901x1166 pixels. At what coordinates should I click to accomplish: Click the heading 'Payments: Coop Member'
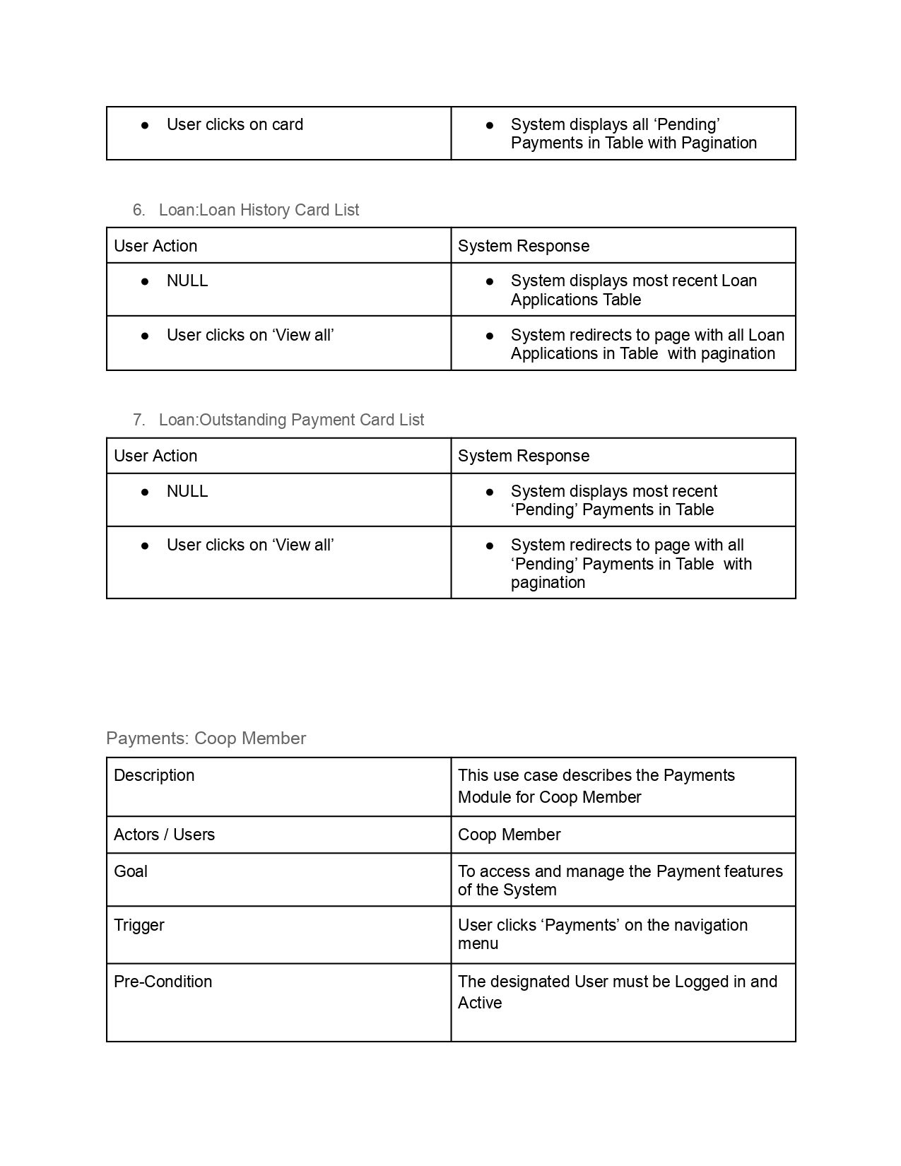[206, 738]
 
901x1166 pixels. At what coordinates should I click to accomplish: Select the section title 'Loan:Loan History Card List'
[259, 210]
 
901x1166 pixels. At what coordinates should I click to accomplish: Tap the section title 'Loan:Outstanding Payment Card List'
[291, 420]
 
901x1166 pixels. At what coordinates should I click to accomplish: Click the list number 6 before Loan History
[139, 210]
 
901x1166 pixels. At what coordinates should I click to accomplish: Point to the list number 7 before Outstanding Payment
[139, 420]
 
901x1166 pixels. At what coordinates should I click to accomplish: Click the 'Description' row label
[154, 775]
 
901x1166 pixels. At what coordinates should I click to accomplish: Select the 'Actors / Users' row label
[164, 835]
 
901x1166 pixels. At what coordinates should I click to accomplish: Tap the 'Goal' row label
[131, 871]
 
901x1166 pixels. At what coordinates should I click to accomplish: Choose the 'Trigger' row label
[139, 925]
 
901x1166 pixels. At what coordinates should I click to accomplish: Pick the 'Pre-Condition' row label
[163, 982]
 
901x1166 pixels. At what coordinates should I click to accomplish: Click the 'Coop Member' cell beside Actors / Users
[509, 835]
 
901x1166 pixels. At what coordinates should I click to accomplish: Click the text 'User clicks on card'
[235, 125]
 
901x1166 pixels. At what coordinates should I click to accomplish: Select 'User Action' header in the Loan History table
[155, 246]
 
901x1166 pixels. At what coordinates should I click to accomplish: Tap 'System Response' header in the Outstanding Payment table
[523, 456]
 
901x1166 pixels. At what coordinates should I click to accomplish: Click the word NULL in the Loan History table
[187, 281]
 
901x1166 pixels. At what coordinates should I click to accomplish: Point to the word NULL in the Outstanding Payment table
[187, 491]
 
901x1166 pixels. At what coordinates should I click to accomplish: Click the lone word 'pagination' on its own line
[548, 583]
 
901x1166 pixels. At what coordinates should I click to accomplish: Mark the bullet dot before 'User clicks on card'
[145, 125]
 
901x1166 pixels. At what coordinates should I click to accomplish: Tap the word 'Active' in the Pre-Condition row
[480, 1003]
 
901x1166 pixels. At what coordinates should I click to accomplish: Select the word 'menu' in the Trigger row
[478, 944]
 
